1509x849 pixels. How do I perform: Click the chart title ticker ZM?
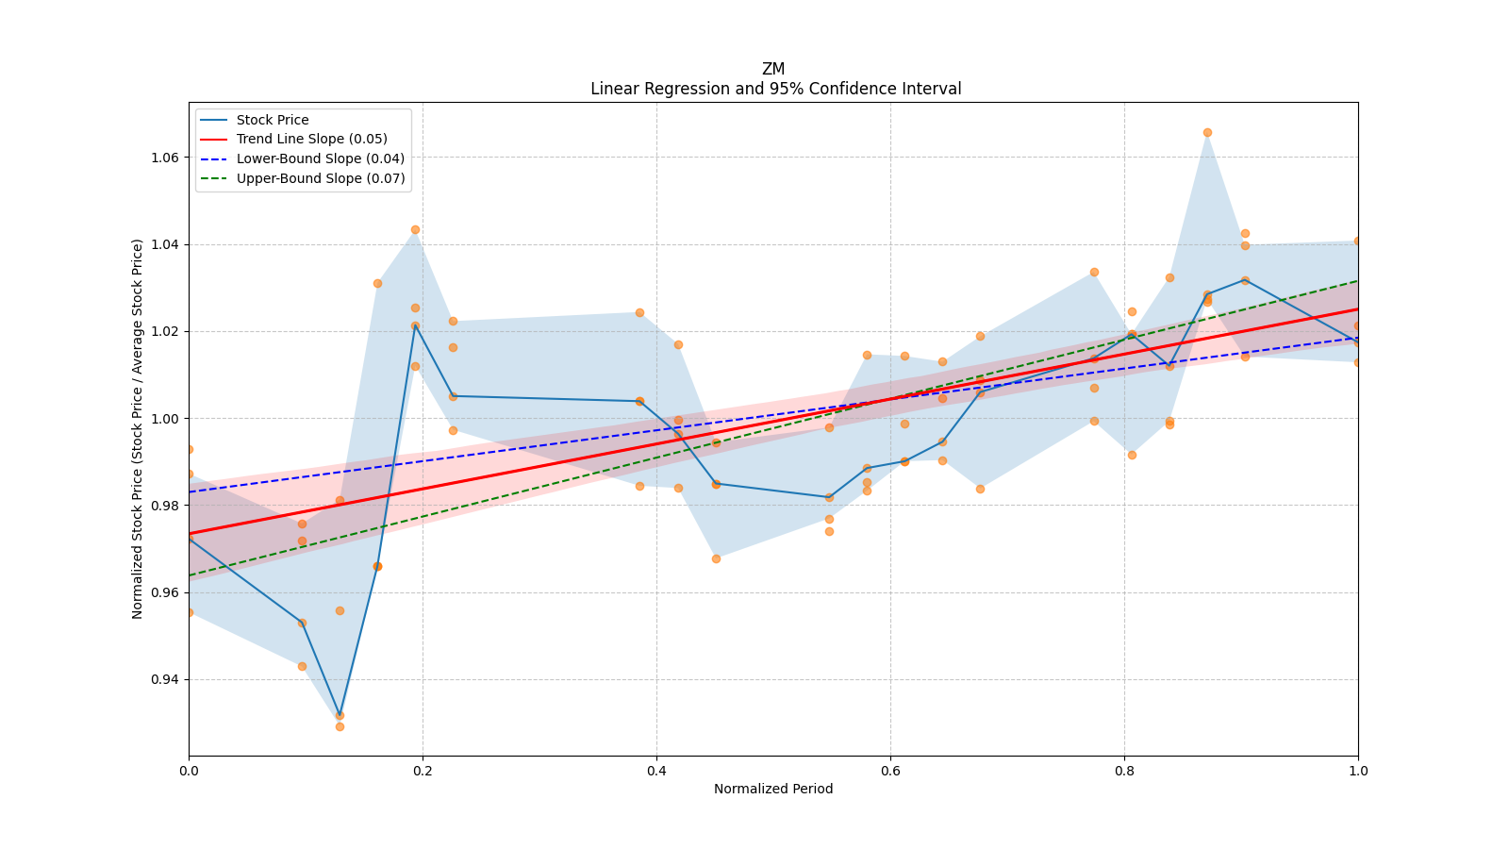773,69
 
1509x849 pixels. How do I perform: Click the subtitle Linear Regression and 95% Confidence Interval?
775,89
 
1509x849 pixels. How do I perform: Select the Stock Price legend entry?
273,120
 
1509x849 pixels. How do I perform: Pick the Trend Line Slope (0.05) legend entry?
311,140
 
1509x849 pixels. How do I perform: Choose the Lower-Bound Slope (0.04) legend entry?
320,158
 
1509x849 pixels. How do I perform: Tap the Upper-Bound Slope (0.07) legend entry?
321,178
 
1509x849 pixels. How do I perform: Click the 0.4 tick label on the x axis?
656,771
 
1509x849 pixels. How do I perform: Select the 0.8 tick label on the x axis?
1124,771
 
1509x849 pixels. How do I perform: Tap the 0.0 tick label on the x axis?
189,771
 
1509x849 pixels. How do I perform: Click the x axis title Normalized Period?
773,789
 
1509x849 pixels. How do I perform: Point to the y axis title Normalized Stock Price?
138,428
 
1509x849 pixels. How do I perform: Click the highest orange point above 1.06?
1207,132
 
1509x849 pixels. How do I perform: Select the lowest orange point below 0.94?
340,726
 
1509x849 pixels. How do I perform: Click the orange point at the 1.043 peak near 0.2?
415,229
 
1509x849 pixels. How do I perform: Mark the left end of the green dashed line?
190,575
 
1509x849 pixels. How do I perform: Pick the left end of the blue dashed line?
190,491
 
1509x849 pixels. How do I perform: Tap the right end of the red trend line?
1357,308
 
